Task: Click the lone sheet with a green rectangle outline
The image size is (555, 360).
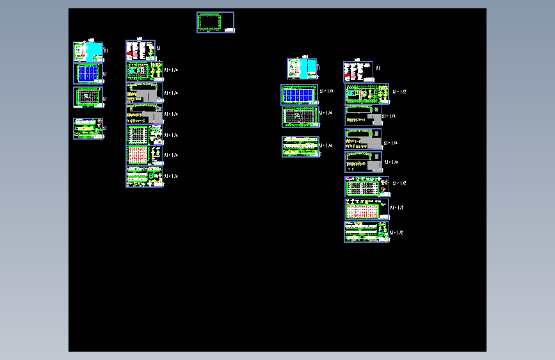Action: click(215, 22)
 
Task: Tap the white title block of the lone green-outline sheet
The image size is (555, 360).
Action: click(229, 29)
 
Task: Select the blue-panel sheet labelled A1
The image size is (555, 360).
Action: click(88, 73)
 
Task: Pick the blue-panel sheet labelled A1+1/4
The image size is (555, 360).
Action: click(299, 95)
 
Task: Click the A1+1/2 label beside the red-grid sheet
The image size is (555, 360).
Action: click(398, 208)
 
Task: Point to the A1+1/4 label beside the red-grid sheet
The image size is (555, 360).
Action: click(171, 155)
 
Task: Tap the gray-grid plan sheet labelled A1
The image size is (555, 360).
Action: click(88, 97)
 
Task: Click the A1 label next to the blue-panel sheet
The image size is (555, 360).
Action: click(105, 74)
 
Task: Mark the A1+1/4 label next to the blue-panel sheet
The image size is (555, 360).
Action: click(326, 92)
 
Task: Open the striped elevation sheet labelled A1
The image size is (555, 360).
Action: click(88, 129)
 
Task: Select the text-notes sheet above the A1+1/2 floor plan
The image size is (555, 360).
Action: click(358, 70)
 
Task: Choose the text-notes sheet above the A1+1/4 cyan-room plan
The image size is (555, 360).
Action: click(141, 50)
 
